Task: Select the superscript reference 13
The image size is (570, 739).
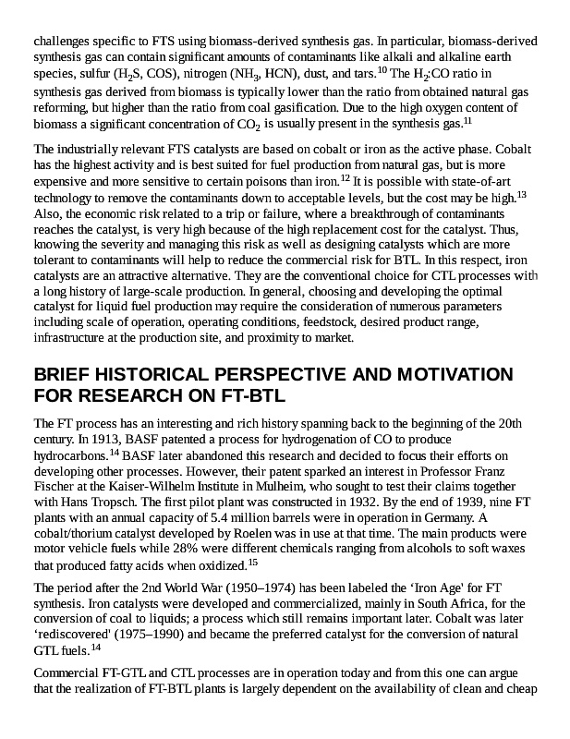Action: pos(521,194)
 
